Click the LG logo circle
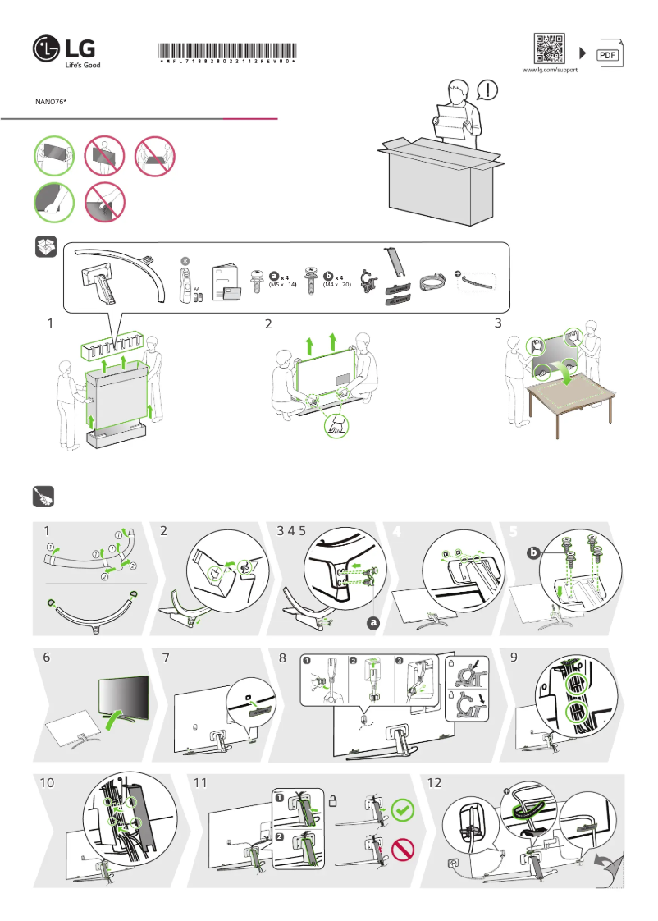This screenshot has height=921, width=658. [47, 50]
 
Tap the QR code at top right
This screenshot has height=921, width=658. [549, 48]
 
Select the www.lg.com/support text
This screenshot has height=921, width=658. [550, 71]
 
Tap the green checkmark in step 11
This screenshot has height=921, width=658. [402, 810]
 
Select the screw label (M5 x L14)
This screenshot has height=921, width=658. [282, 284]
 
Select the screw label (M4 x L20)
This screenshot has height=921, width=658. [336, 284]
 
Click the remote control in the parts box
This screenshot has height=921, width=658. [185, 280]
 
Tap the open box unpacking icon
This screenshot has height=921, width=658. [45, 246]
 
